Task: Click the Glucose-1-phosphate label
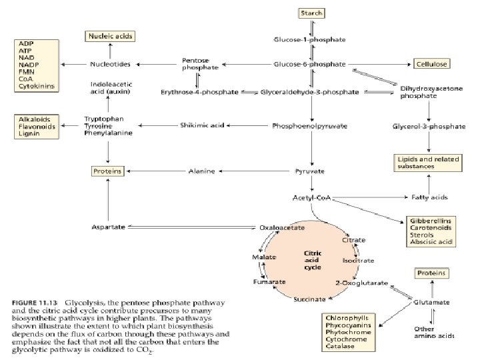click(310, 39)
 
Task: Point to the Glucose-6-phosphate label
click(310, 64)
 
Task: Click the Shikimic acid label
click(201, 124)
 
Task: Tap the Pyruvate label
click(309, 171)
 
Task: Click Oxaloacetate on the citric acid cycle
click(282, 227)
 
